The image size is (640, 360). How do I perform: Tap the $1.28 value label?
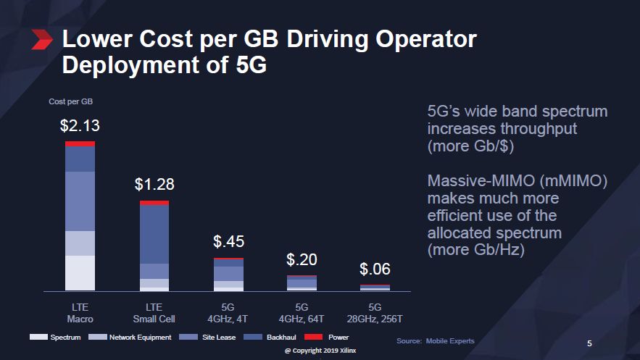click(x=154, y=185)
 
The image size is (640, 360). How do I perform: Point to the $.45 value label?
click(x=229, y=241)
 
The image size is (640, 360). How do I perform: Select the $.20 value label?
click(x=302, y=259)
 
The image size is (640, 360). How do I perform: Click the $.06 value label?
click(x=375, y=269)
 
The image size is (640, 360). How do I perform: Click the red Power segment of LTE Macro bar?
click(x=80, y=143)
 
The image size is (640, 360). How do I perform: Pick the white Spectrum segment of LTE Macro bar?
click(x=80, y=272)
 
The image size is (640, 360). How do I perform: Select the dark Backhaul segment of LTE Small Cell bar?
click(x=154, y=234)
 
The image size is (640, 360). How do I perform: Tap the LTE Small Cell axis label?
click(x=154, y=313)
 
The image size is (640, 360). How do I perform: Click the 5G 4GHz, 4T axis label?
click(x=229, y=313)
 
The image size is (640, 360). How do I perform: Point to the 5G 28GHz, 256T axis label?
click(x=375, y=313)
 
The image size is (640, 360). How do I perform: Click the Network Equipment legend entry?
click(x=130, y=338)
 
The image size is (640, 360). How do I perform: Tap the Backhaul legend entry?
click(x=272, y=338)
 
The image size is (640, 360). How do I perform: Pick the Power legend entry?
click(x=330, y=338)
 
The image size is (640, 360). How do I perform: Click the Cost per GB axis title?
click(x=70, y=101)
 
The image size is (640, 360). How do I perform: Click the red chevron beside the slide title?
click(x=43, y=41)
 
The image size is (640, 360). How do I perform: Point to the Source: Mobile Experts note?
click(x=436, y=340)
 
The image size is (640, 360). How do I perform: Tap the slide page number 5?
click(x=589, y=343)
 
